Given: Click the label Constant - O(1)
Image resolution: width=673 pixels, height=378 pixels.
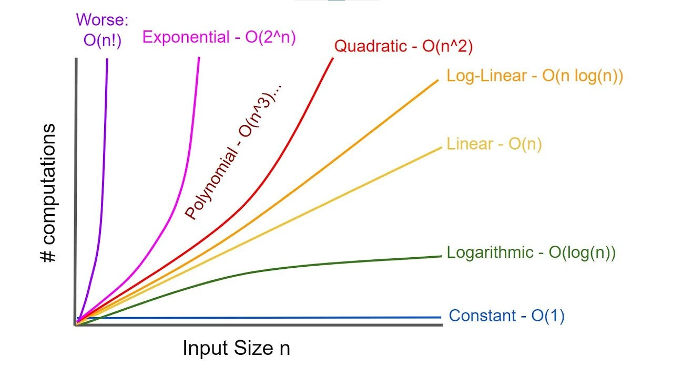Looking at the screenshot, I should tap(506, 316).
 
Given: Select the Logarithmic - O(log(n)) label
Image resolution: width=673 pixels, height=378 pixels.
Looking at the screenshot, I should tap(531, 253).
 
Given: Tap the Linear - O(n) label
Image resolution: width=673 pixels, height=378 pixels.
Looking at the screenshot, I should tap(494, 144).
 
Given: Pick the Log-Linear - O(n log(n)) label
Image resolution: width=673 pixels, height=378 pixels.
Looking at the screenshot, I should tap(535, 76).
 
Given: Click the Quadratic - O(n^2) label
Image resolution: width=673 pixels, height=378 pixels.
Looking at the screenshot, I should tap(404, 47).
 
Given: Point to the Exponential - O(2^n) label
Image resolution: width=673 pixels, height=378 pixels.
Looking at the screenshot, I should tap(219, 37).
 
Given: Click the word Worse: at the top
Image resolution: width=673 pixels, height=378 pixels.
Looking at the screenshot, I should tap(102, 20).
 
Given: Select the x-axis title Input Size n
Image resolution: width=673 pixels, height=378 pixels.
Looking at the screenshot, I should tap(236, 348).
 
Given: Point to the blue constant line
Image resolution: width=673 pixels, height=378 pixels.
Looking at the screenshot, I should tap(263, 318).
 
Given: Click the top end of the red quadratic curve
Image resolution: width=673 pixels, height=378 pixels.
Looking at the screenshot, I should tap(332, 59).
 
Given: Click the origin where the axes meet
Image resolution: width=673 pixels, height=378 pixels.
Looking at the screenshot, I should tap(77, 324).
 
